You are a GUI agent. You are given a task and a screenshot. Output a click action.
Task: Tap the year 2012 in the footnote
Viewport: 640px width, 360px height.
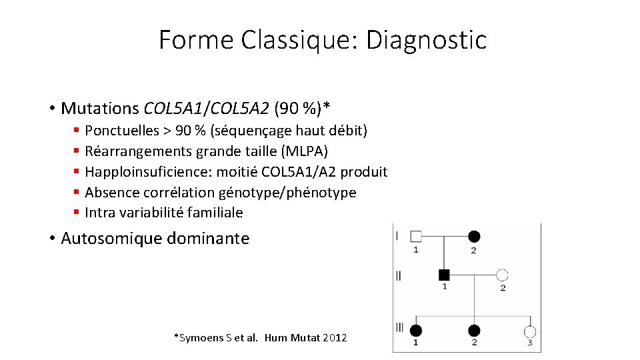click(x=334, y=338)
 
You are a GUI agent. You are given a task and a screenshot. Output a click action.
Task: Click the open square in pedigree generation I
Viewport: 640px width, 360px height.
click(x=416, y=236)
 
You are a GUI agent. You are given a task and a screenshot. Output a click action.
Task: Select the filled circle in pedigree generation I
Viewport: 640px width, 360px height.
click(x=474, y=236)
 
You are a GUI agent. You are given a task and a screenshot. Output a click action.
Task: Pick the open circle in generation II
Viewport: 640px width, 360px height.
click(x=503, y=275)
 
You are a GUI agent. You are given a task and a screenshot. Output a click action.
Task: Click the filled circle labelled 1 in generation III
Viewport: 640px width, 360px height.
click(x=416, y=331)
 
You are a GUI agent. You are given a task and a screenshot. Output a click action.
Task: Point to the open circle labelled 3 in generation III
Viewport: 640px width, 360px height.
click(x=530, y=331)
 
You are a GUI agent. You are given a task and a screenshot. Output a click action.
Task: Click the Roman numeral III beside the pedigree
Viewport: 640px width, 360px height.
click(x=399, y=327)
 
